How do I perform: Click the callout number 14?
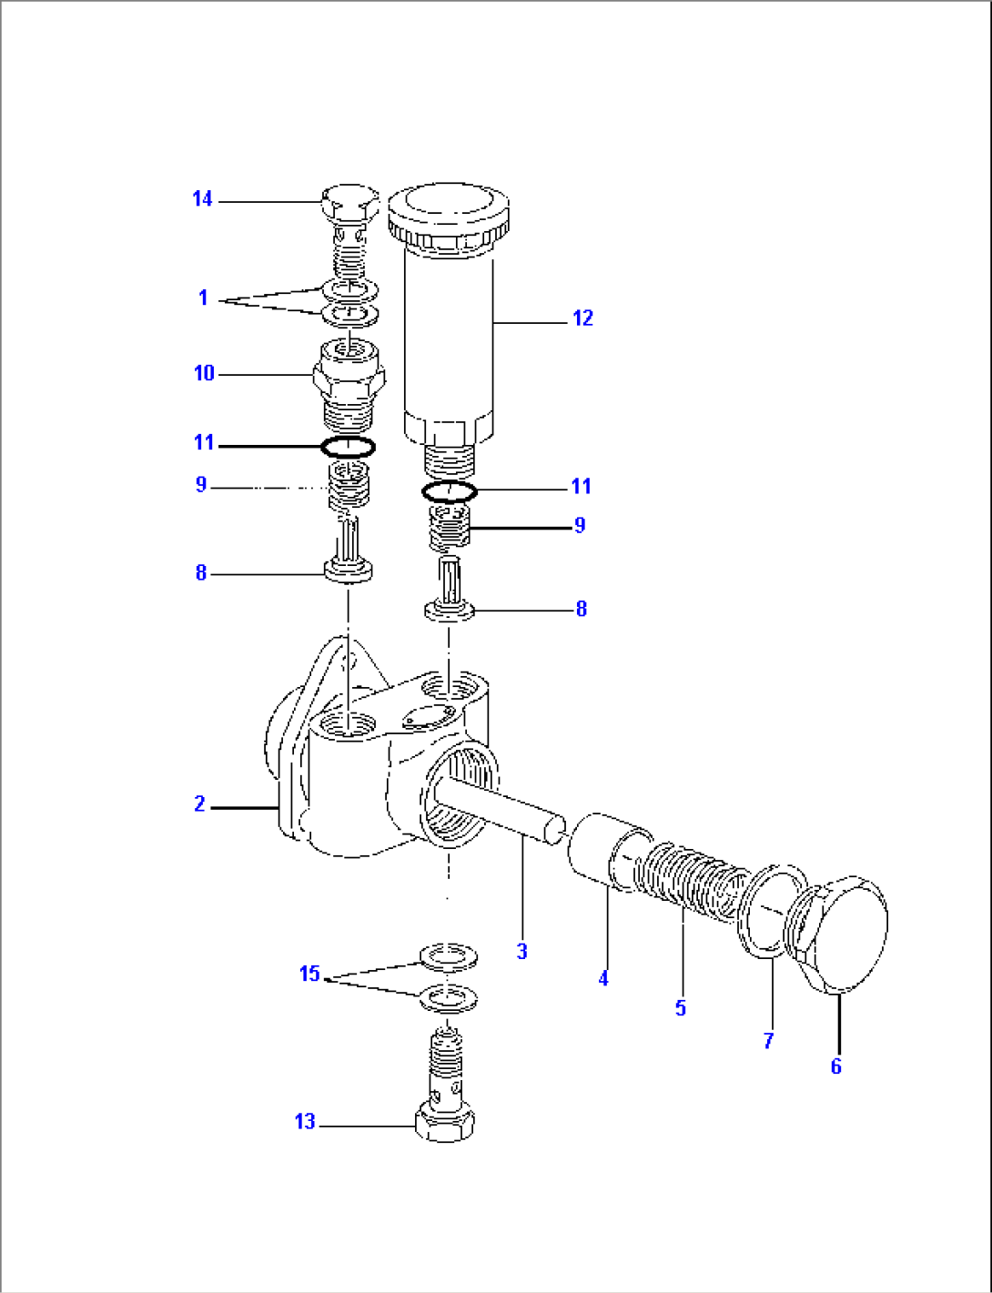[x=202, y=198]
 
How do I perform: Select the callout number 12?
[x=582, y=318]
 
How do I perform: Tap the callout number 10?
[x=204, y=373]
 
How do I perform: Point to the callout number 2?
[x=199, y=803]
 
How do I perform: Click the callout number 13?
[x=305, y=1122]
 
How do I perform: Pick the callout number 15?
[x=309, y=974]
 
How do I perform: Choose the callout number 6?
[x=835, y=1066]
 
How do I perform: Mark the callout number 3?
[x=521, y=951]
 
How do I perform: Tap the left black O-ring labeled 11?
[x=348, y=447]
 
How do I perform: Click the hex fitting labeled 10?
[x=349, y=376]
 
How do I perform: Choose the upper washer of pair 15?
[x=448, y=956]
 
